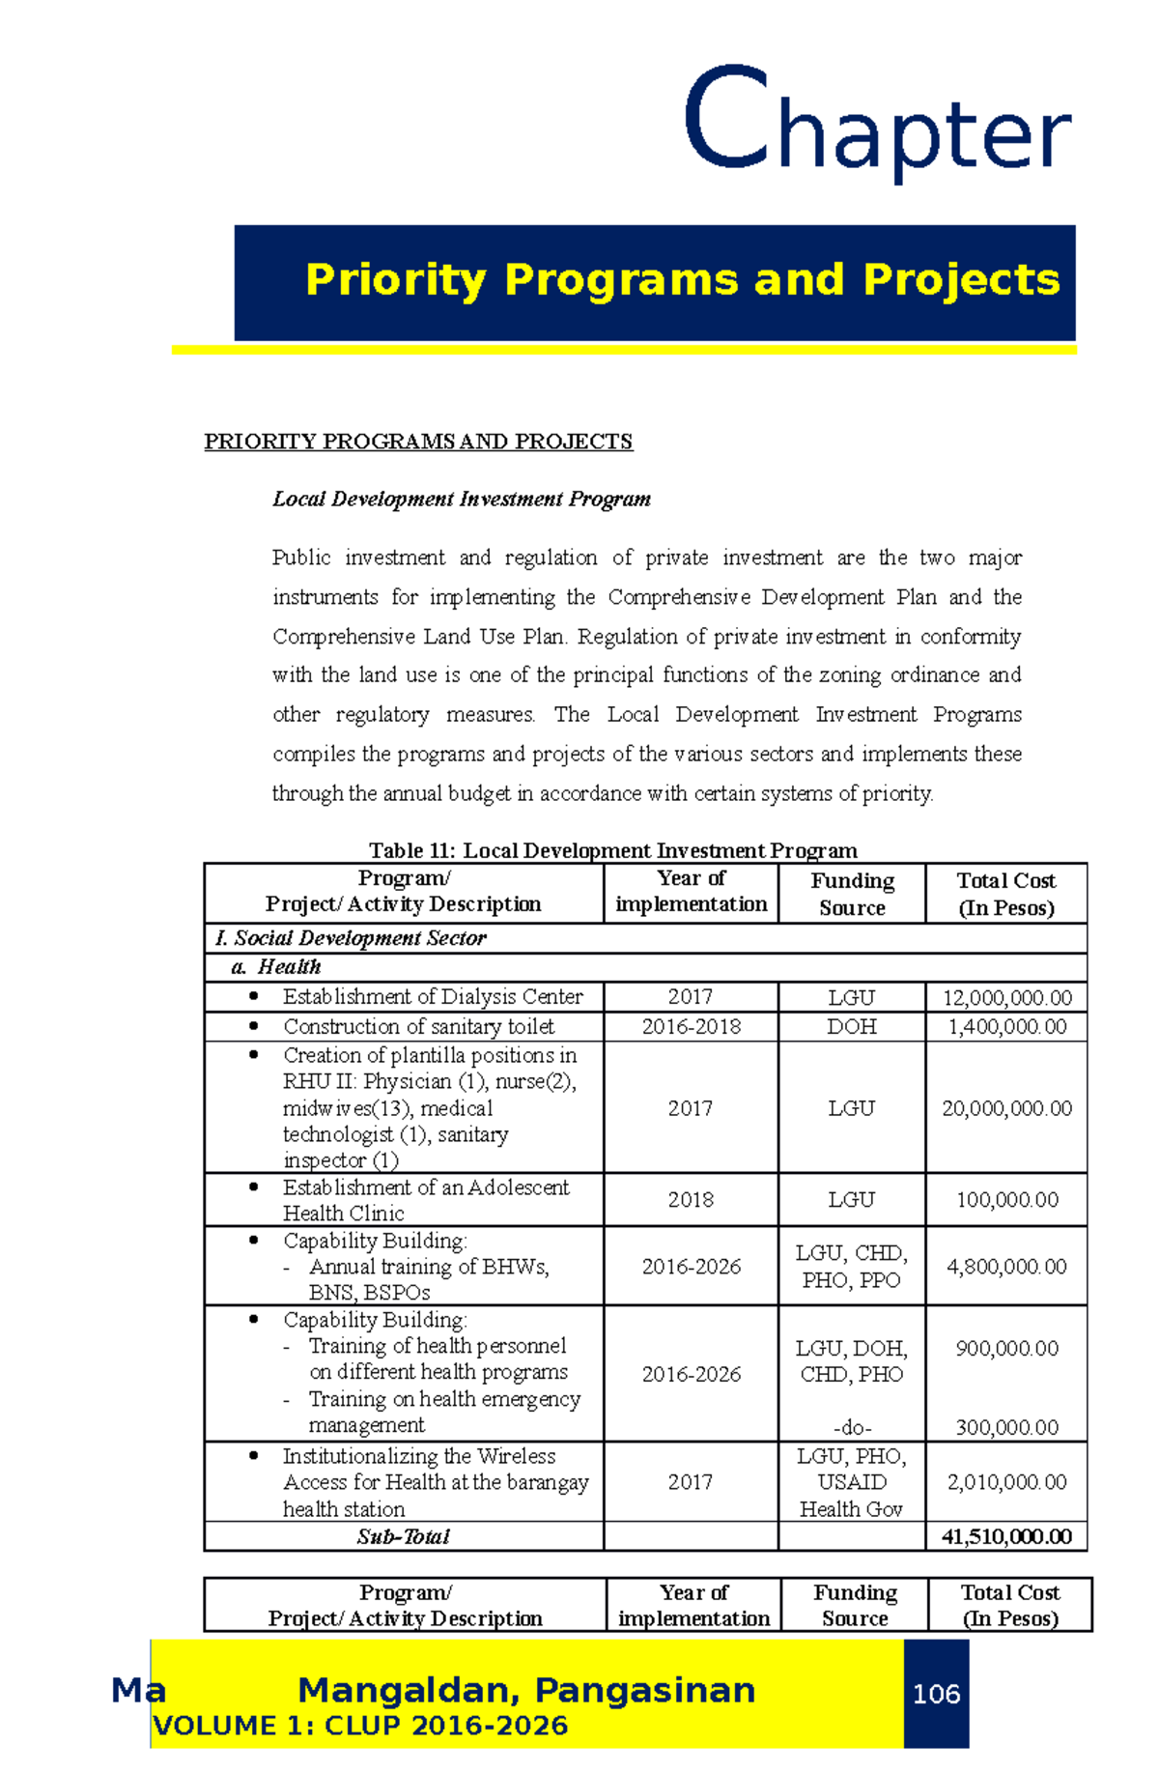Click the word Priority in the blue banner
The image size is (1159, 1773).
pyautogui.click(x=394, y=280)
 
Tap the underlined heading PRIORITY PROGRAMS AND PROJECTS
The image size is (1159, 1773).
pyautogui.click(x=418, y=442)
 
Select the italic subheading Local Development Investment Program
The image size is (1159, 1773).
pyautogui.click(x=461, y=499)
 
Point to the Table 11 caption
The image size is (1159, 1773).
pyautogui.click(x=612, y=850)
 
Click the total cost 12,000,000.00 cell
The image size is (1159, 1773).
pyautogui.click(x=1006, y=998)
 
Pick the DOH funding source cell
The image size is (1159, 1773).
pyautogui.click(x=851, y=1026)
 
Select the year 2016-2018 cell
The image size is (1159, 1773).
pyautogui.click(x=691, y=1026)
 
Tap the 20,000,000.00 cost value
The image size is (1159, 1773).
pyautogui.click(x=1006, y=1108)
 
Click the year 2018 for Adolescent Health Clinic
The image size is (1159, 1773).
pyautogui.click(x=691, y=1200)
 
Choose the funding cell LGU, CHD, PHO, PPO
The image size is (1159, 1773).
pyautogui.click(x=851, y=1266)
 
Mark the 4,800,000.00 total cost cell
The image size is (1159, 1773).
pyautogui.click(x=1006, y=1266)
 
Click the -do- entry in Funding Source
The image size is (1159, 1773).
pyautogui.click(x=851, y=1427)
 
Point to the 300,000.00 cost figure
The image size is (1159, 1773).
pyautogui.click(x=1006, y=1427)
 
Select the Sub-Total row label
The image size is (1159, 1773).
pyautogui.click(x=403, y=1536)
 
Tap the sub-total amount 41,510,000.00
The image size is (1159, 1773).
pyautogui.click(x=1006, y=1536)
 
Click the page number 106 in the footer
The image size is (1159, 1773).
pyautogui.click(x=936, y=1694)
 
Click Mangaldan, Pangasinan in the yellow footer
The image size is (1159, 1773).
pyautogui.click(x=526, y=1690)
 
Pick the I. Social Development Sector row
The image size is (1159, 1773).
pyautogui.click(x=351, y=938)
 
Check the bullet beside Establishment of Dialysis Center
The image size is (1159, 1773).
pyautogui.click(x=253, y=995)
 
